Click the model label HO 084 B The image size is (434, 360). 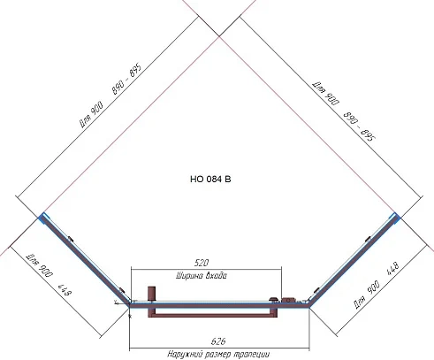(209, 180)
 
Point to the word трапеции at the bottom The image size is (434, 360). (249, 353)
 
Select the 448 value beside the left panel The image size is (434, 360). (64, 293)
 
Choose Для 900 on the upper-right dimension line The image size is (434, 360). (327, 90)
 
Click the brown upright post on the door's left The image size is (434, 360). (150, 294)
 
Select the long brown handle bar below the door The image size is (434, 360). (212, 311)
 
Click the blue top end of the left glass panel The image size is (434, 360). (41, 214)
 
